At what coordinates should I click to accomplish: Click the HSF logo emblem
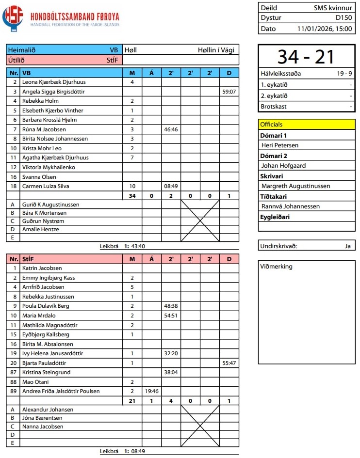click(x=13, y=18)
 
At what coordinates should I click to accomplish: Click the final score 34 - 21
click(x=306, y=57)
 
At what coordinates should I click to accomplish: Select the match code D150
click(x=345, y=18)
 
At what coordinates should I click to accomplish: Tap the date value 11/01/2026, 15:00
click(x=325, y=29)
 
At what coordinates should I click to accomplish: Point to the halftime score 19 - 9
click(x=344, y=74)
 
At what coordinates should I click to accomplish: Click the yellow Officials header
click(x=307, y=125)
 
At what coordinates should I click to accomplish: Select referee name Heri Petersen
click(x=280, y=145)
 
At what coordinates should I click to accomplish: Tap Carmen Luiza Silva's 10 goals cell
click(x=132, y=186)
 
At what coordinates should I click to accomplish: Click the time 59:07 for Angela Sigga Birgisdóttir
click(x=229, y=91)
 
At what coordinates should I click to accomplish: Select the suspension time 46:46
click(x=171, y=129)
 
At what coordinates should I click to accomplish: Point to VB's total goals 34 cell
click(x=132, y=196)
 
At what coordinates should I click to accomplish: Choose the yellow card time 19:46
click(x=151, y=391)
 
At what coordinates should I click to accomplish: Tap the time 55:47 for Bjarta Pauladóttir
click(x=229, y=363)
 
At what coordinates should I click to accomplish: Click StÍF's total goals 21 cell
click(x=132, y=401)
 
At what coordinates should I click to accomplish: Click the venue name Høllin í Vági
click(x=217, y=50)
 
